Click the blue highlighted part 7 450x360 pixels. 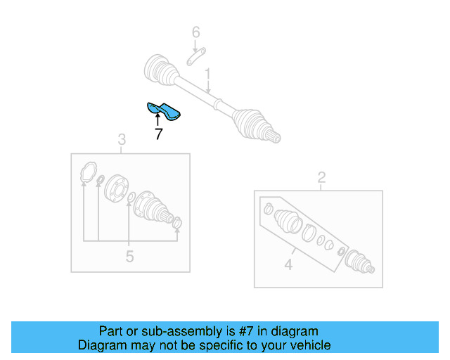point(163,110)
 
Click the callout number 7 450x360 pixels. point(158,134)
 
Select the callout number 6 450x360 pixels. point(196,32)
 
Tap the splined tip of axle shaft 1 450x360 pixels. point(276,137)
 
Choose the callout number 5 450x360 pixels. point(129,257)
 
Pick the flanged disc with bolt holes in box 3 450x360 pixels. point(117,188)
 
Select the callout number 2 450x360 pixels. point(321,177)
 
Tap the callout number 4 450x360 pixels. point(288,264)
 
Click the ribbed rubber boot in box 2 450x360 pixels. point(288,221)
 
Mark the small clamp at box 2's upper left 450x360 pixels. point(267,207)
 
